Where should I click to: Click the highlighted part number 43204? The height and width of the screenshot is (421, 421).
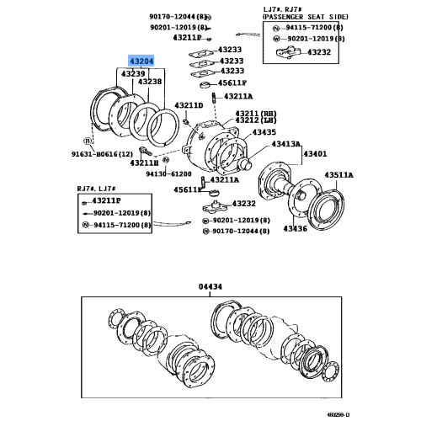coord(141,62)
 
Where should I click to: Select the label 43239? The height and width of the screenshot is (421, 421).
coord(133,74)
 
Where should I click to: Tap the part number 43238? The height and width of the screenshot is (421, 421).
coord(152,83)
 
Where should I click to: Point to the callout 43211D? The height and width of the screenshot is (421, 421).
coord(189,105)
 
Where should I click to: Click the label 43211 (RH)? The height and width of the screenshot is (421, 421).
coord(255,113)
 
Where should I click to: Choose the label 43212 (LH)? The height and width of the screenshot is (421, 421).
coord(255,121)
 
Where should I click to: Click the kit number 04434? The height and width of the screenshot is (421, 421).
coord(210,286)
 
